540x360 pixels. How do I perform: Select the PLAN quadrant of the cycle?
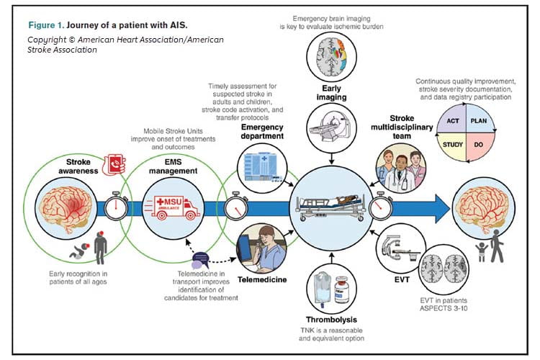[x=478, y=122]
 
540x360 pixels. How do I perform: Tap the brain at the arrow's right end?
[x=482, y=207]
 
